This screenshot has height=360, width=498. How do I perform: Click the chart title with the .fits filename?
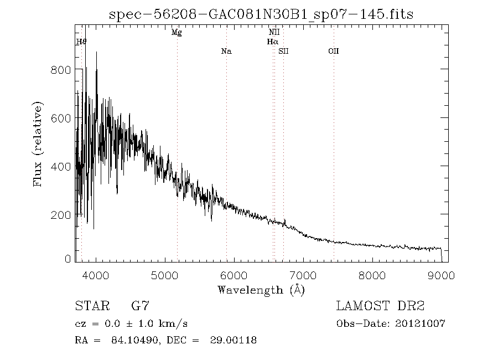261,14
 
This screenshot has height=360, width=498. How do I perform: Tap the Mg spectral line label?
177,33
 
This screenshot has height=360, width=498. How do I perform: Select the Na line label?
226,51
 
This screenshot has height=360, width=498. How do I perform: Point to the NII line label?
274,32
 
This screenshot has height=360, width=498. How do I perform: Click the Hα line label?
272,42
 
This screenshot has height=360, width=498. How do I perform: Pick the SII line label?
283,51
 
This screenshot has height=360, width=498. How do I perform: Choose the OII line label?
334,51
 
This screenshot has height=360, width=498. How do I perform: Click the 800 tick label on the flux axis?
61,70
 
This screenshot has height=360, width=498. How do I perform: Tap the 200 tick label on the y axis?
61,215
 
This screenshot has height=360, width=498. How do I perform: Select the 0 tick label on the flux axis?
68,259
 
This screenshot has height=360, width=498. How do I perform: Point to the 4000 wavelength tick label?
96,275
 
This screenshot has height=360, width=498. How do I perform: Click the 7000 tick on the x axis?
303,275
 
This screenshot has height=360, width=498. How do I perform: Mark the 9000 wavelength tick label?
441,275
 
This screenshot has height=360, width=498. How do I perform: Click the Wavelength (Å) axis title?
261,290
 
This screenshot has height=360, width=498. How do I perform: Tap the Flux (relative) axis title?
38,144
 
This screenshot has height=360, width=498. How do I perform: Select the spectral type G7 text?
140,306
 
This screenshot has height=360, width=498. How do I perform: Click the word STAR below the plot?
92,306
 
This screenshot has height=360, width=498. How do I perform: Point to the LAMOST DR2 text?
381,306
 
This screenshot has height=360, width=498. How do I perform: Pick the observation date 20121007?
420,324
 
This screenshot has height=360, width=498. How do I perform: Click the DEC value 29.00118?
233,340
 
